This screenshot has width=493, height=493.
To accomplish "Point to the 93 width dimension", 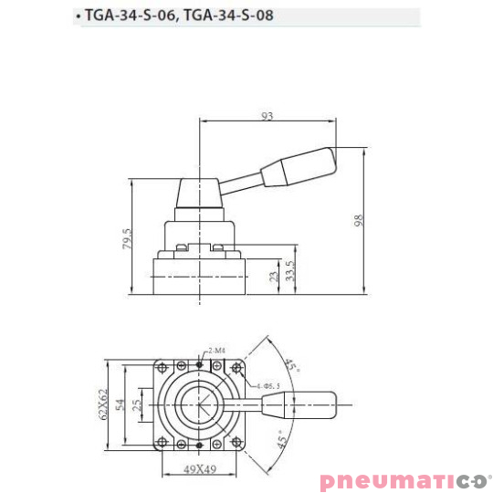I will coord(267,116).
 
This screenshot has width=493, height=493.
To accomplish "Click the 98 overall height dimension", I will coord(360,222).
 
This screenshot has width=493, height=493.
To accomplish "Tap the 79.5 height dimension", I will coord(128,239).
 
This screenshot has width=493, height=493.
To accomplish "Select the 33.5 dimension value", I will coord(289,271).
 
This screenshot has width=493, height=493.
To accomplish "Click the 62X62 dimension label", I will coord(104,404).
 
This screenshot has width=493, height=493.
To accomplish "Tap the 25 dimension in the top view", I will coord(139,404).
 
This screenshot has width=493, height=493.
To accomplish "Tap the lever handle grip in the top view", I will coord(309,403).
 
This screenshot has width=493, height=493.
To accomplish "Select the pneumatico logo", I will coord(404,480).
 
